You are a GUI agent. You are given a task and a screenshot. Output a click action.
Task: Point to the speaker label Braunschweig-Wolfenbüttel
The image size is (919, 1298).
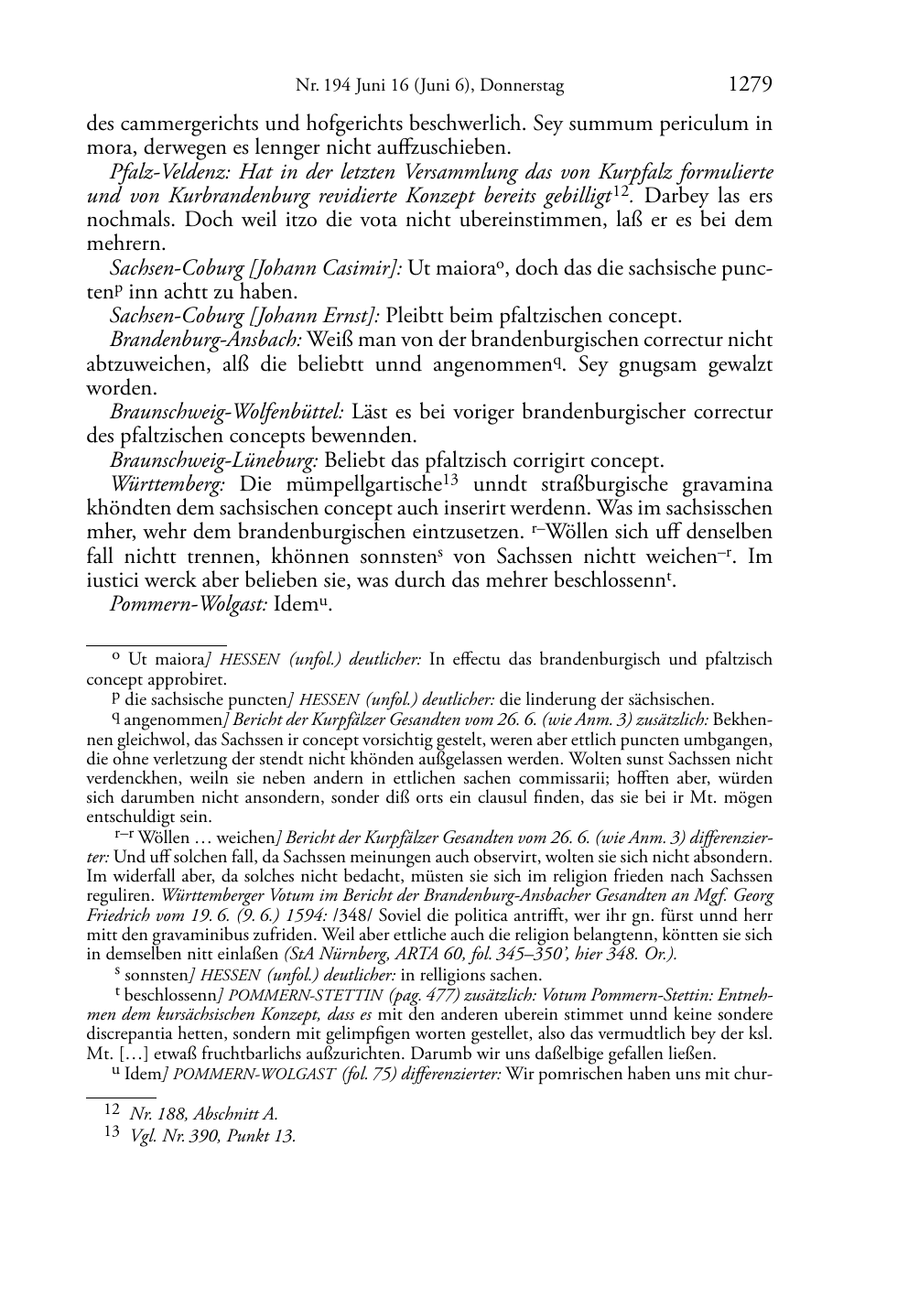[x=226, y=413]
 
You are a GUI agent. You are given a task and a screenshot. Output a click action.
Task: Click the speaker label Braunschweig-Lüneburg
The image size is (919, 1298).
[x=213, y=460]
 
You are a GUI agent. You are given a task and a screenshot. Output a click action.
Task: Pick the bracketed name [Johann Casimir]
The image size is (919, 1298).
[x=326, y=268]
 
